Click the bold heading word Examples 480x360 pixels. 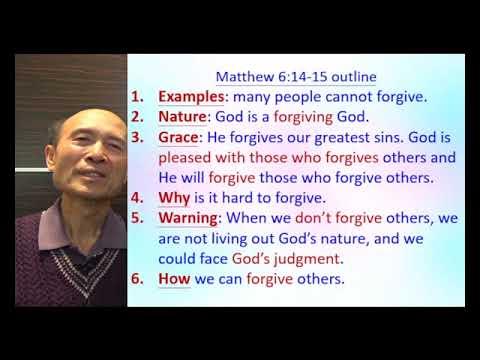pyautogui.click(x=191, y=99)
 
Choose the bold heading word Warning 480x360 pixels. pyautogui.click(x=188, y=218)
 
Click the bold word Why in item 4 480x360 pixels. pyautogui.click(x=173, y=198)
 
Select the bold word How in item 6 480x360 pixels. pyautogui.click(x=174, y=278)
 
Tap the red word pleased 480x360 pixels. pyautogui.click(x=187, y=158)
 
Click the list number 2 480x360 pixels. pyautogui.click(x=139, y=119)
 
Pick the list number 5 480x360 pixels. pyautogui.click(x=139, y=218)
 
